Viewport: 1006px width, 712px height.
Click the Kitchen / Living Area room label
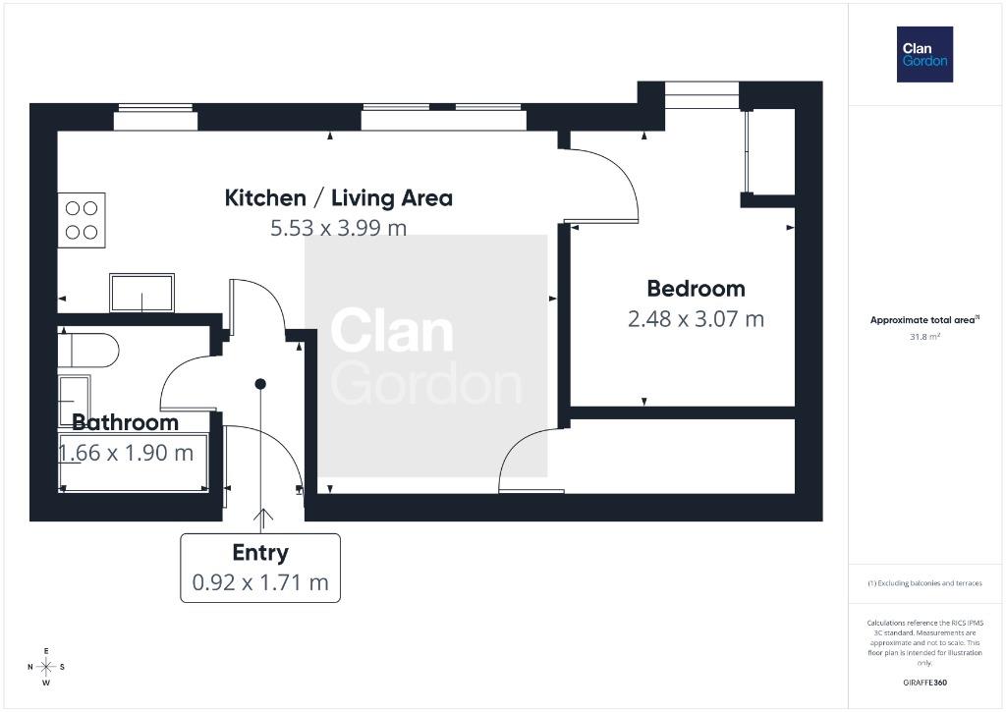pyautogui.click(x=338, y=197)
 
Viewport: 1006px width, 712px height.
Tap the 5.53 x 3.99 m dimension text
pyautogui.click(x=338, y=228)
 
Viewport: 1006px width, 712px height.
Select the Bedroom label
pyautogui.click(x=697, y=289)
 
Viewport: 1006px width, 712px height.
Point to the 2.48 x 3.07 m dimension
pyautogui.click(x=697, y=319)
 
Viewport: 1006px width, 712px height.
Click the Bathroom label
pyautogui.click(x=125, y=422)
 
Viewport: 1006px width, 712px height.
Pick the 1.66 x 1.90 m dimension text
pyautogui.click(x=126, y=453)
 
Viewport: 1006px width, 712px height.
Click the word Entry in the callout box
pyautogui.click(x=260, y=553)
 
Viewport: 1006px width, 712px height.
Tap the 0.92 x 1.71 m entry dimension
pyautogui.click(x=260, y=582)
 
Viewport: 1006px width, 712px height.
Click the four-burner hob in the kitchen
pyautogui.click(x=82, y=220)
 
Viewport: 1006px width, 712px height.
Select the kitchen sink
pyautogui.click(x=141, y=293)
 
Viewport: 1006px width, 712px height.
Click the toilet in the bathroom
pyautogui.click(x=88, y=351)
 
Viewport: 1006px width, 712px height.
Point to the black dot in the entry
pyautogui.click(x=260, y=384)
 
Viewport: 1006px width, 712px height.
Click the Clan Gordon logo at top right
pyautogui.click(x=924, y=55)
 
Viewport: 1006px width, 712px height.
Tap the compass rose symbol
pyautogui.click(x=46, y=667)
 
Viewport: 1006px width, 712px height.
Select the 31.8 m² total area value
pyautogui.click(x=924, y=337)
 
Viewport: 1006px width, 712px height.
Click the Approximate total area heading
pyautogui.click(x=924, y=319)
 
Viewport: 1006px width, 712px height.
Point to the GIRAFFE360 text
pyautogui.click(x=924, y=683)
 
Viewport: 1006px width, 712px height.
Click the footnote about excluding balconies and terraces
pyautogui.click(x=924, y=583)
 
